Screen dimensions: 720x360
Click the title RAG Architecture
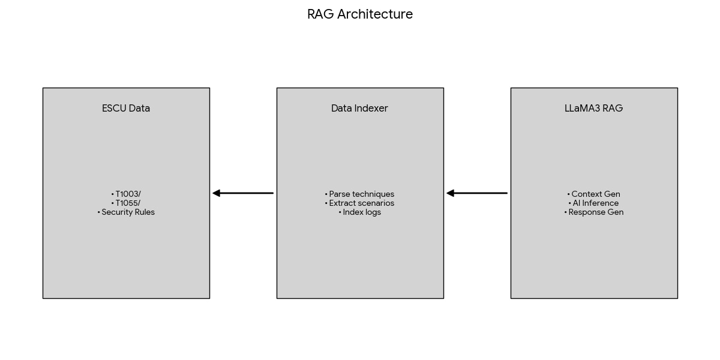point(360,14)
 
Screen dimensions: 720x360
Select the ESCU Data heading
point(126,109)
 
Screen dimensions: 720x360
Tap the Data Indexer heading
point(359,109)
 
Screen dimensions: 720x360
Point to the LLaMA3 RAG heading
point(593,109)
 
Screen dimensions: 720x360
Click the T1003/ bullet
point(126,194)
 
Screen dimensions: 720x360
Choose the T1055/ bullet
point(126,203)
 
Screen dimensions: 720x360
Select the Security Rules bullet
point(126,212)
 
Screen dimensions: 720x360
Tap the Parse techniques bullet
point(359,194)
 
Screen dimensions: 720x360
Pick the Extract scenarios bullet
point(359,203)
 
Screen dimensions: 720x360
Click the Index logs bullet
point(359,212)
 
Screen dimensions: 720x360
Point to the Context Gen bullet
point(593,194)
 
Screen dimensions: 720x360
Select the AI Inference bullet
point(593,203)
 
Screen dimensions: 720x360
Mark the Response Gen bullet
point(593,212)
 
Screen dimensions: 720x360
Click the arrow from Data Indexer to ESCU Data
point(243,193)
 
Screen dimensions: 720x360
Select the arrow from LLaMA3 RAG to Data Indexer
point(477,193)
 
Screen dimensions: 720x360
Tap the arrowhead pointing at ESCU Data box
point(217,193)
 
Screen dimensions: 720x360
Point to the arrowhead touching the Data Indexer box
point(451,193)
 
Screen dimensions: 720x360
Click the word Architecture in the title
point(375,14)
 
